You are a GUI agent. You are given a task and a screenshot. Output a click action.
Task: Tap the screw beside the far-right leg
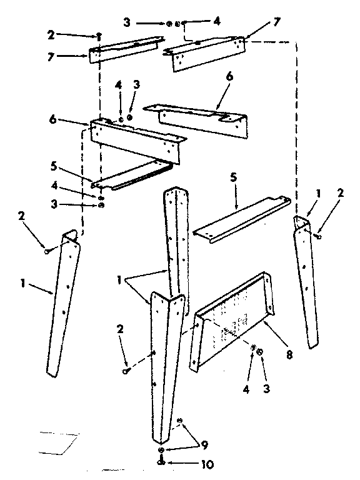[319, 234]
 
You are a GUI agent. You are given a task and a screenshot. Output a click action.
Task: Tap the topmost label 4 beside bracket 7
[217, 21]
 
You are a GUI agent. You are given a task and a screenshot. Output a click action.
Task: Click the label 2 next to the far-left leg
[22, 216]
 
